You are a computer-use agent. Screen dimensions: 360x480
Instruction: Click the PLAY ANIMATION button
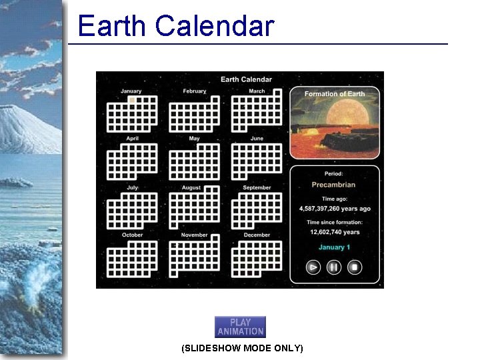coord(240,327)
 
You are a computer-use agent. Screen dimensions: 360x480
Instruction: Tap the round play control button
coord(313,267)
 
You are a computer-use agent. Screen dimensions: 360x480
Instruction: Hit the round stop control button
coord(355,267)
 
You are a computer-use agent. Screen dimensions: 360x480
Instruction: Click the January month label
coord(131,91)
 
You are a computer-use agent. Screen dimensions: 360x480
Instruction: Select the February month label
coord(194,91)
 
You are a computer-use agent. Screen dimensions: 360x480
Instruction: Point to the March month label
coord(257,91)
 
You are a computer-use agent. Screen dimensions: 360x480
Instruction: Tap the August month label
coord(191,188)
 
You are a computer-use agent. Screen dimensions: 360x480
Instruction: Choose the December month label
coord(257,235)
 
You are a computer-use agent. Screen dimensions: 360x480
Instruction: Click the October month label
coord(132,235)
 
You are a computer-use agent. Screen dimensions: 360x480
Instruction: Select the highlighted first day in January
coord(132,100)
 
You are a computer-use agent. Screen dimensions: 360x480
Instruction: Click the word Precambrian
coord(333,185)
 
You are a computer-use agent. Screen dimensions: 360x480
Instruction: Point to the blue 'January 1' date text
coord(334,247)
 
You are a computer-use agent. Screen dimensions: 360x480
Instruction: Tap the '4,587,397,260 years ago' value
coord(335,209)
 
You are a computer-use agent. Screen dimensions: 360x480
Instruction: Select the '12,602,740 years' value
coord(335,232)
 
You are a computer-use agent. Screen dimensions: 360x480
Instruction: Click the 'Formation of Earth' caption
coord(335,94)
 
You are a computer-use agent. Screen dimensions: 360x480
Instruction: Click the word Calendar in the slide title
coord(215,26)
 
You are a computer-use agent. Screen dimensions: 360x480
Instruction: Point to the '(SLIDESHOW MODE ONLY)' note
coord(242,349)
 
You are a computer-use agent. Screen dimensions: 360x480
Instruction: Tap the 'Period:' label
coord(334,174)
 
